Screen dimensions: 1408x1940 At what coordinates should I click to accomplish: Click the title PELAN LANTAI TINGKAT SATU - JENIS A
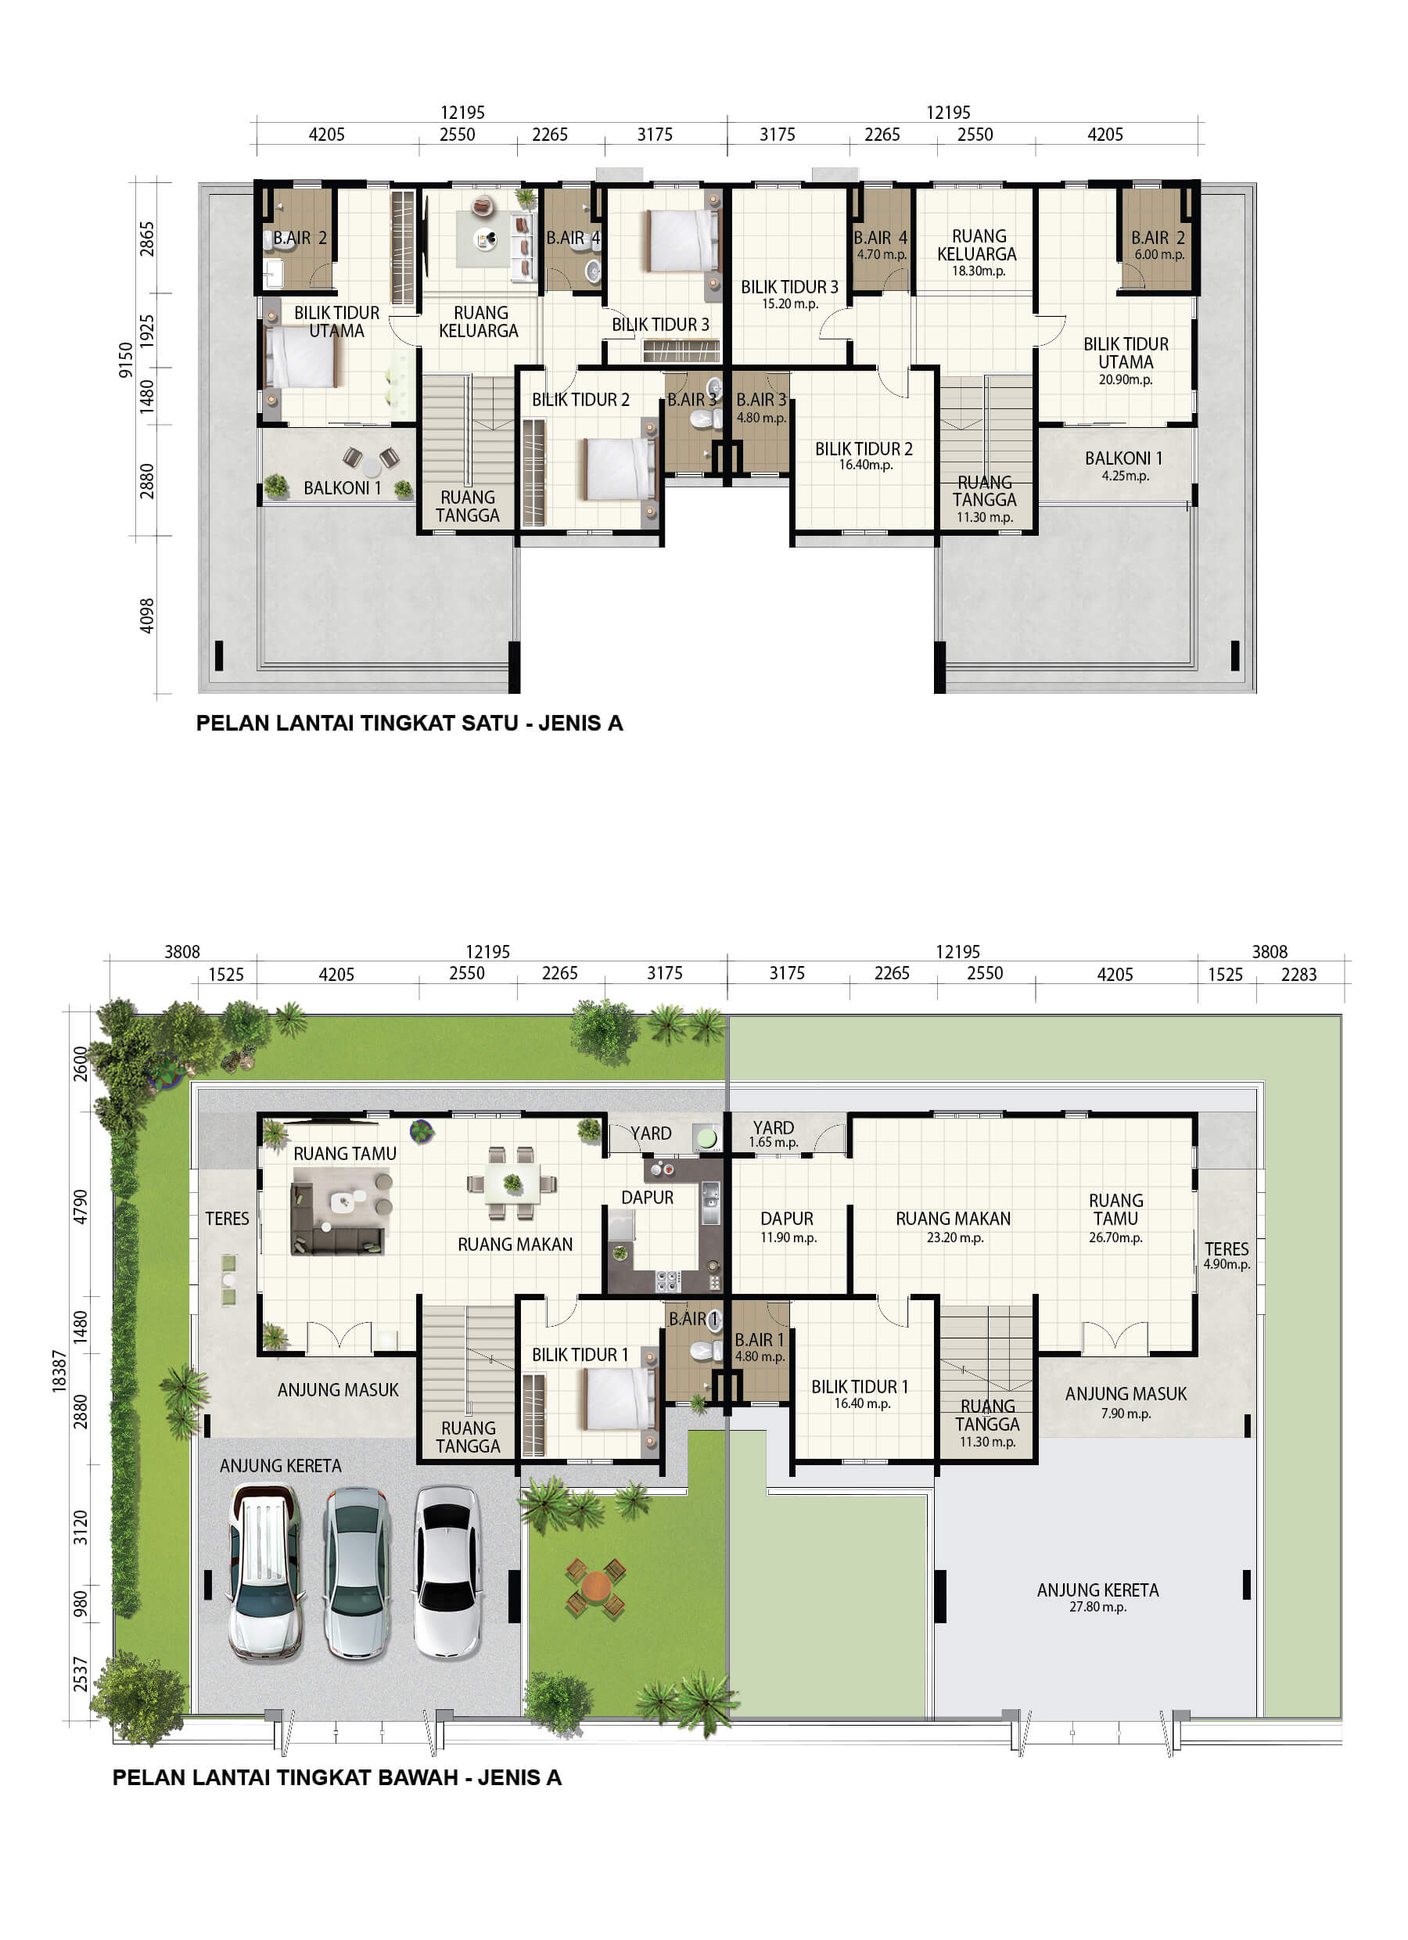point(409,723)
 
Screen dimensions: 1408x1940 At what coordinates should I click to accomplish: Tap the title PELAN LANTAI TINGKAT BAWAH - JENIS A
point(337,1777)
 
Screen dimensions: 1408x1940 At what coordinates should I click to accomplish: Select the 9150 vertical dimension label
point(126,359)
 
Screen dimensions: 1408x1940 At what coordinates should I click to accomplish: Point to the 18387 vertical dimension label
point(59,1371)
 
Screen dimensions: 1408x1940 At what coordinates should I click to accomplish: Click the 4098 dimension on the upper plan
point(147,616)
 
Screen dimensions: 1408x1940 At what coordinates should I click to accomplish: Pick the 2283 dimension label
point(1298,974)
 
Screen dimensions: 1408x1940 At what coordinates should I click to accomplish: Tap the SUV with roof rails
point(265,1572)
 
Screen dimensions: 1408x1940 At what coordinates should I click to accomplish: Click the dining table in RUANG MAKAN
point(512,1183)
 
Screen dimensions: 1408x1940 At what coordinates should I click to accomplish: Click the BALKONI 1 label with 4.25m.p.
point(1124,466)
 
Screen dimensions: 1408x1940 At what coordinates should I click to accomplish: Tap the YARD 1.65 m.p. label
point(774,1134)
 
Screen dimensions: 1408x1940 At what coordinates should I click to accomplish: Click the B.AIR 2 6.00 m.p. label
point(1158,245)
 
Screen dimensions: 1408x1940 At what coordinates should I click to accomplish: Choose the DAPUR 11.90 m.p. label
point(788,1227)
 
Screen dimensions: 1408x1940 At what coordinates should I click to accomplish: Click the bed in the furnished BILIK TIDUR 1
point(620,1399)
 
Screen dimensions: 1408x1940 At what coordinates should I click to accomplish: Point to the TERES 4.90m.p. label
point(1227,1255)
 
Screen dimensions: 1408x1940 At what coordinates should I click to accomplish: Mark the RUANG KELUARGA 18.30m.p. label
point(978,253)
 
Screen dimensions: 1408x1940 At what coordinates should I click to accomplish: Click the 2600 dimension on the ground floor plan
point(80,1063)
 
